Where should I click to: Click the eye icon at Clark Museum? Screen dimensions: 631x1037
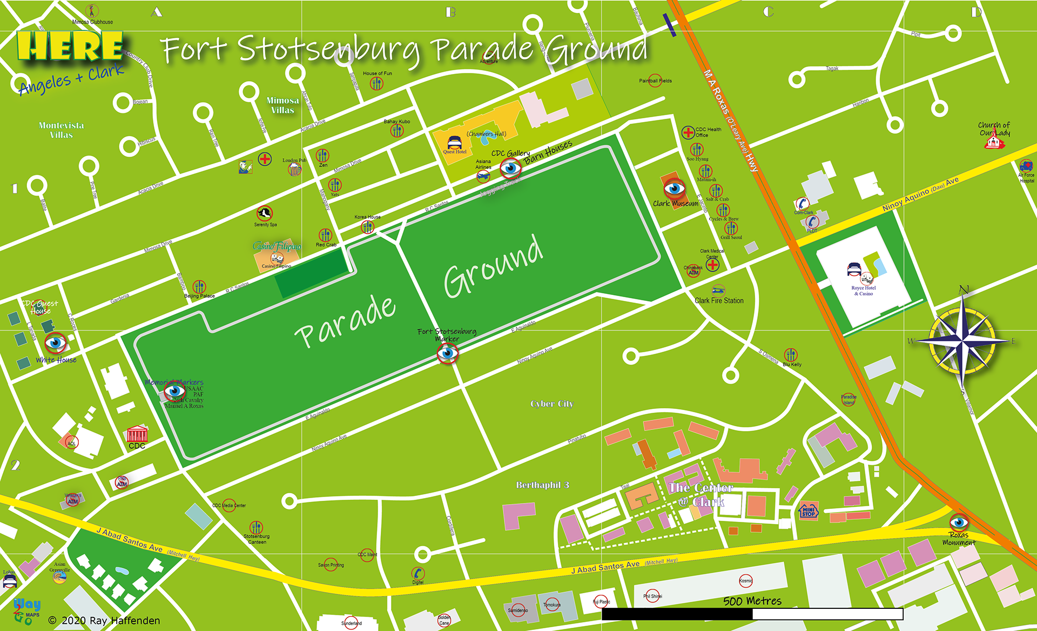pos(674,189)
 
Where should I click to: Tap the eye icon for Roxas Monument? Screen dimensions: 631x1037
pos(959,522)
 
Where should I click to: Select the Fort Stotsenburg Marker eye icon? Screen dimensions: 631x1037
pos(447,353)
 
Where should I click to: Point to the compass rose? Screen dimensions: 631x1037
pos(962,341)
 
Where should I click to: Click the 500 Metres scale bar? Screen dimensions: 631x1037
pos(752,614)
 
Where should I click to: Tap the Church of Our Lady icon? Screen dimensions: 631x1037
pos(994,142)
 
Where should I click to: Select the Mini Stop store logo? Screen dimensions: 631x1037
pos(808,511)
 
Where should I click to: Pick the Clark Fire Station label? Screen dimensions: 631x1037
pos(719,300)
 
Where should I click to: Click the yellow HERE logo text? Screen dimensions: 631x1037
pos(70,46)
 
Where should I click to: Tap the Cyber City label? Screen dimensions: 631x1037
pos(551,404)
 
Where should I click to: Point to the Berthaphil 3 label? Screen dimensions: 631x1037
pos(542,485)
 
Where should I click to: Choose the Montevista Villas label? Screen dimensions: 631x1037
pos(61,130)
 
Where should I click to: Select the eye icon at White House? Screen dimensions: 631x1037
pos(55,342)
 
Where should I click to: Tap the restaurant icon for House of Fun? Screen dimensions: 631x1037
pos(376,83)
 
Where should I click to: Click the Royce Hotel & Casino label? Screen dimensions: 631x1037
pos(863,291)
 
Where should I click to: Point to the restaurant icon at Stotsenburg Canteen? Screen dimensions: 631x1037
pos(256,527)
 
